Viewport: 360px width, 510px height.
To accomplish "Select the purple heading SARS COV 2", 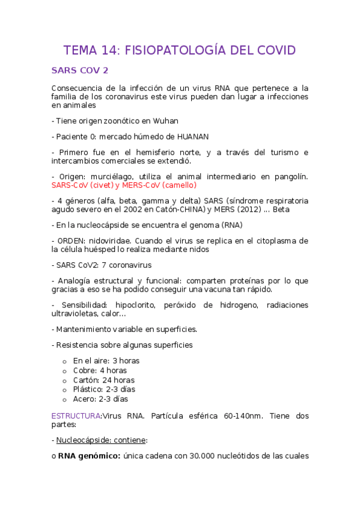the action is (x=80, y=70).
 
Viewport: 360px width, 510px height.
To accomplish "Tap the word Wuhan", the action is (x=166, y=120).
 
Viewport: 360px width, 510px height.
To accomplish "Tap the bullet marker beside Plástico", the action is (x=65, y=390).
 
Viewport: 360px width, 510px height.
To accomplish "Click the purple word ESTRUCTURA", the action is (x=76, y=416).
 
